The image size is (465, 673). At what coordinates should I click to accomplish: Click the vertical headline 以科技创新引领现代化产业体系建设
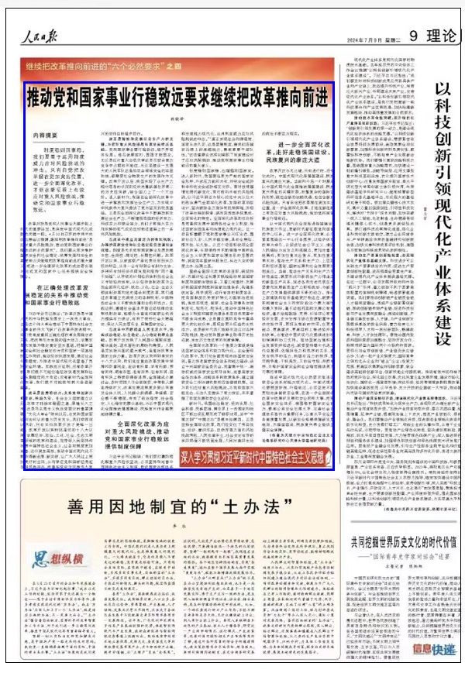click(443, 209)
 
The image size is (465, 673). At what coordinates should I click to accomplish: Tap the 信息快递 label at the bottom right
click(434, 651)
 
